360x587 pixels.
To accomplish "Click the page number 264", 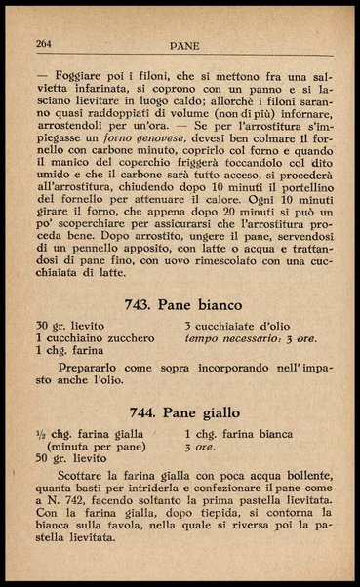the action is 43,44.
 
